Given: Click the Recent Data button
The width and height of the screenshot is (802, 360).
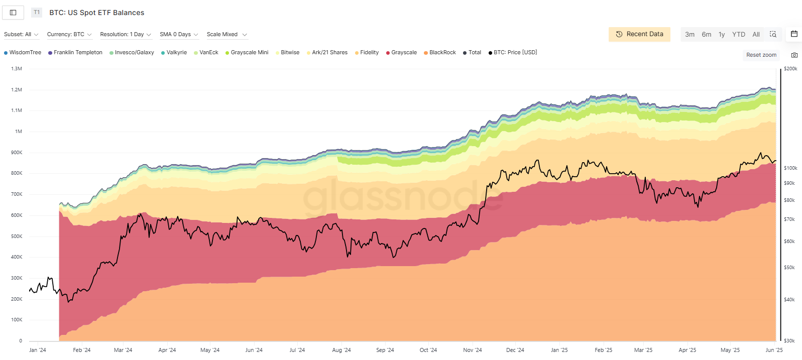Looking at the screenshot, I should (x=639, y=34).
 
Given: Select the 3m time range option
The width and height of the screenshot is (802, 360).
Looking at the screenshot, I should (x=690, y=35).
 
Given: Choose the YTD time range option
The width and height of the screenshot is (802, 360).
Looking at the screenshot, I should (x=738, y=35).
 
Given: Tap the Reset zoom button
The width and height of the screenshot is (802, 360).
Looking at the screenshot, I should (x=761, y=55).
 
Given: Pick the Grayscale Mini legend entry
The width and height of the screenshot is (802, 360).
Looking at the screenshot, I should (x=249, y=53).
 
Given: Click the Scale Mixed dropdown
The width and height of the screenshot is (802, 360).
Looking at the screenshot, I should (x=227, y=35).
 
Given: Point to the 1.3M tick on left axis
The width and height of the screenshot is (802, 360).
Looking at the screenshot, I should (x=17, y=69).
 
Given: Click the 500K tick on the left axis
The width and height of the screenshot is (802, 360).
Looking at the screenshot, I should (x=17, y=236).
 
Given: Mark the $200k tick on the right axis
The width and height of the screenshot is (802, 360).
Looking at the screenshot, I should (x=790, y=69).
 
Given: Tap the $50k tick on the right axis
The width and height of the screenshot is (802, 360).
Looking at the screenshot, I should (x=789, y=268).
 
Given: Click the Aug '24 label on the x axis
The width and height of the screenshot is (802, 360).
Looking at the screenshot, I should (x=341, y=350).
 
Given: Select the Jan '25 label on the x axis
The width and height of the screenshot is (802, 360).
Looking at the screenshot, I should (x=559, y=350).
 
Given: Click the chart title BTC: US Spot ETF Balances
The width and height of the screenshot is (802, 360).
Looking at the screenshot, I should (x=96, y=13).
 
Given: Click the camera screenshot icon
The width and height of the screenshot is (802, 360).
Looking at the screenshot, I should (x=794, y=55).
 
